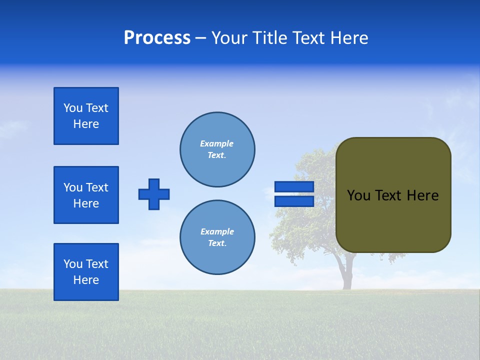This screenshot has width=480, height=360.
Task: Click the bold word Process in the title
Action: click(157, 38)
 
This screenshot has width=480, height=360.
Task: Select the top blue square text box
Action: click(86, 116)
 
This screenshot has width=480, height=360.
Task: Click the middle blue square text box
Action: click(86, 195)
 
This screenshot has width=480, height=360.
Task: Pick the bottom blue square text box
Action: click(86, 272)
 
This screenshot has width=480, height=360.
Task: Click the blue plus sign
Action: click(154, 194)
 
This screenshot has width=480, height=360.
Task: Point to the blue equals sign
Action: click(294, 194)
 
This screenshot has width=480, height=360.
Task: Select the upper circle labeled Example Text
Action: click(217, 149)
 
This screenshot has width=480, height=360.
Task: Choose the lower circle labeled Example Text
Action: click(217, 237)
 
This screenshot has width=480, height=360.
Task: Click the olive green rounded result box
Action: click(393, 195)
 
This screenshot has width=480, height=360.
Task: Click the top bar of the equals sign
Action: click(294, 186)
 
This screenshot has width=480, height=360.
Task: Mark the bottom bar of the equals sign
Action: click(294, 201)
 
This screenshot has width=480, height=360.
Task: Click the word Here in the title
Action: click(349, 38)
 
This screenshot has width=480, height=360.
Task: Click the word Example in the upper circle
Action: click(217, 143)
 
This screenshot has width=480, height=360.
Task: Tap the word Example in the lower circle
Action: click(217, 231)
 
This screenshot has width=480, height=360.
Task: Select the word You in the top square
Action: click(72, 108)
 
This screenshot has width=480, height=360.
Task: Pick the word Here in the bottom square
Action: click(86, 280)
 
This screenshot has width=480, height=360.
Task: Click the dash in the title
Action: click(200, 38)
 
